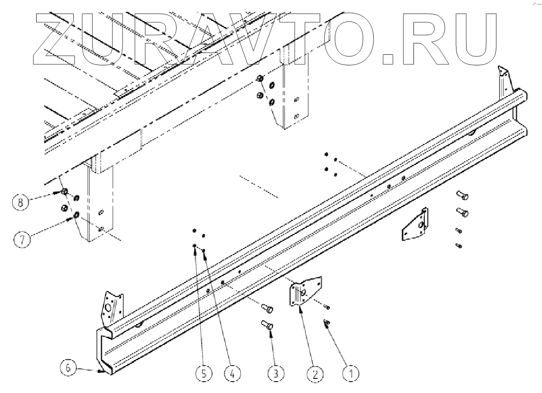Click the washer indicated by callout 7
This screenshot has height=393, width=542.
pos(76,214)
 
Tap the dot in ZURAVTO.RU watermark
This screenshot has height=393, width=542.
pos(388,58)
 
